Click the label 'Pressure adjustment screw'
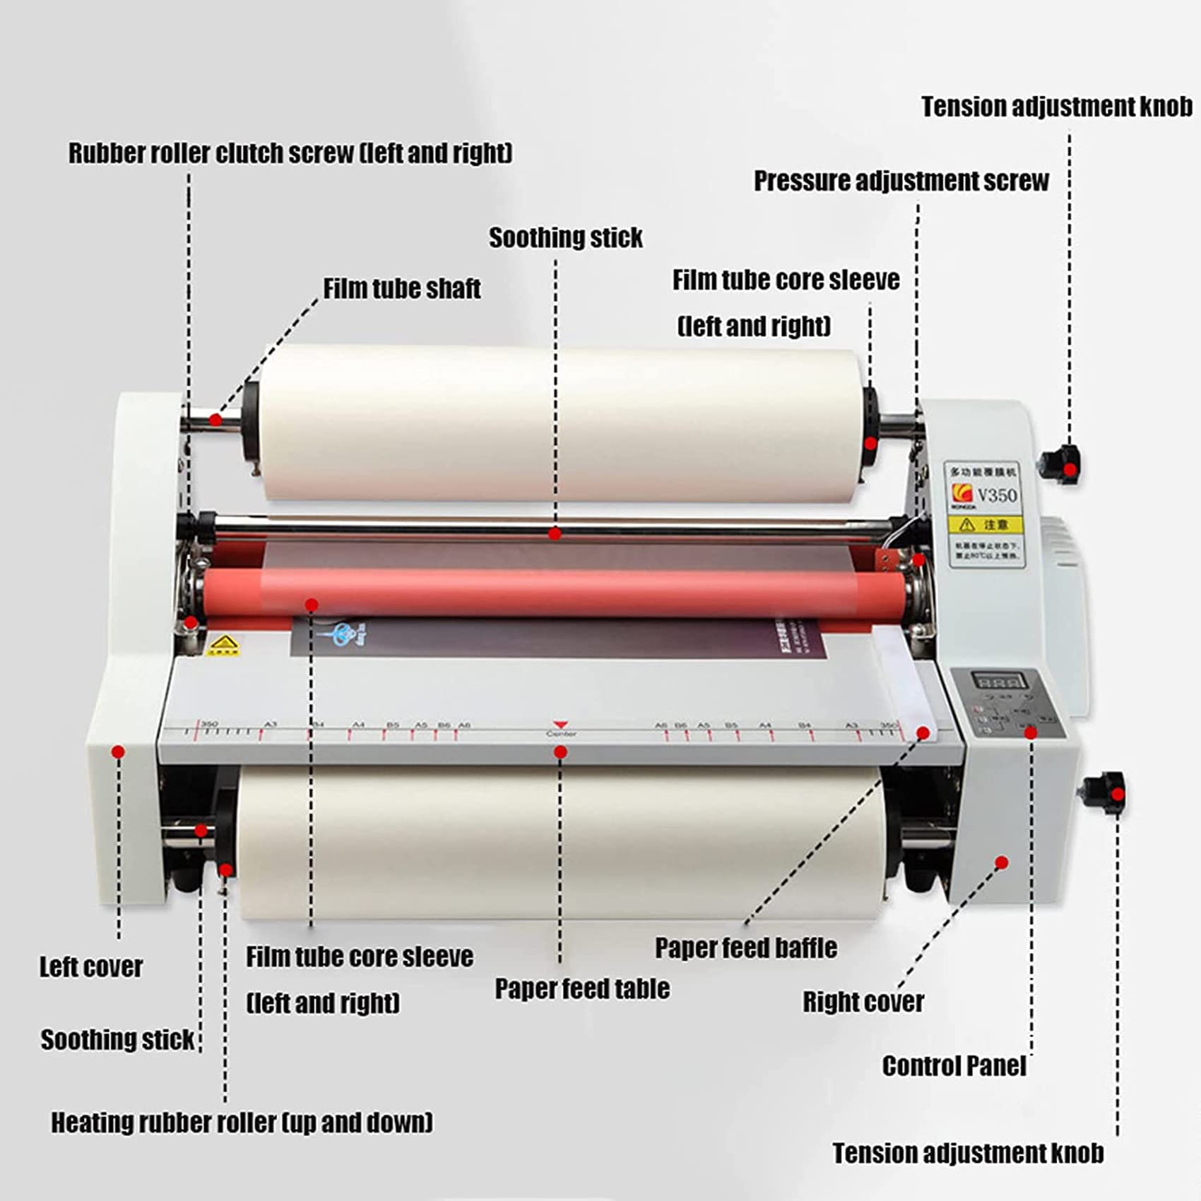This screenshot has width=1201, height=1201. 901,181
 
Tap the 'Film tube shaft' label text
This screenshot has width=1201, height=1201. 401,288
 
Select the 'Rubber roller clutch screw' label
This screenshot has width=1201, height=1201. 290,153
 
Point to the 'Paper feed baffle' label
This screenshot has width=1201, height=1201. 745,947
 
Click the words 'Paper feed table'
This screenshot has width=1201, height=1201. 581,988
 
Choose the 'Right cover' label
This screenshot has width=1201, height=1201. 863,1001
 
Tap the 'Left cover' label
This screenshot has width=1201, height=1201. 90,966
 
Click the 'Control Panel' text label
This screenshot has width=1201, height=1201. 954,1065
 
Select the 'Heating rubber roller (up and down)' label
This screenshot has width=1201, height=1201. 242,1122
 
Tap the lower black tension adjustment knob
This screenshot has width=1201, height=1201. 1104,793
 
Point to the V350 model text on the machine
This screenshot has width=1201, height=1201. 996,495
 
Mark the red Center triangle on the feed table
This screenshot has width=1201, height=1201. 560,725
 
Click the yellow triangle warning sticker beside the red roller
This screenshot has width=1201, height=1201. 223,644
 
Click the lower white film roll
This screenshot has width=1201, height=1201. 558,841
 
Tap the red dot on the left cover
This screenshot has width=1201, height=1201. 119,752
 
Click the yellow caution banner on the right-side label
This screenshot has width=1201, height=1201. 984,524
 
